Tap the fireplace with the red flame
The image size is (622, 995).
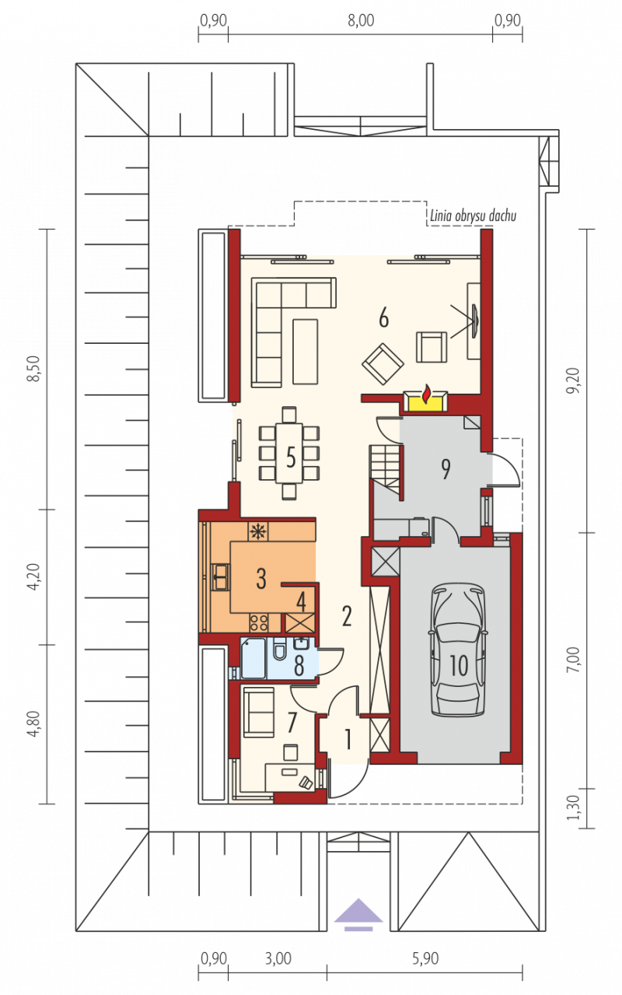[x=425, y=401]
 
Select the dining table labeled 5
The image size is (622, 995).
[x=289, y=453]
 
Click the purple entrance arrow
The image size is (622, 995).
[x=358, y=915]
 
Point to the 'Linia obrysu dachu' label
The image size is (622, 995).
[x=473, y=215]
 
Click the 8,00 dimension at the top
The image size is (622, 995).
[x=361, y=21]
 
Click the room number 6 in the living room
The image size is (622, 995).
[x=383, y=318]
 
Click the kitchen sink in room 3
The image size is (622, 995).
[x=220, y=576]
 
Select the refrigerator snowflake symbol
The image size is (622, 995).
[x=258, y=531]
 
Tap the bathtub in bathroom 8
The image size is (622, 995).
[x=253, y=658]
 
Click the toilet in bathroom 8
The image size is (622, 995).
[x=280, y=649]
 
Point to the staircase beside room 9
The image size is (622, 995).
[x=386, y=469]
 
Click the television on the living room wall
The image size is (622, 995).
[x=474, y=321]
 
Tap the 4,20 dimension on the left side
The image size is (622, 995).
[x=33, y=576]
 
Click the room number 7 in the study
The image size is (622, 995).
[x=292, y=722]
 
